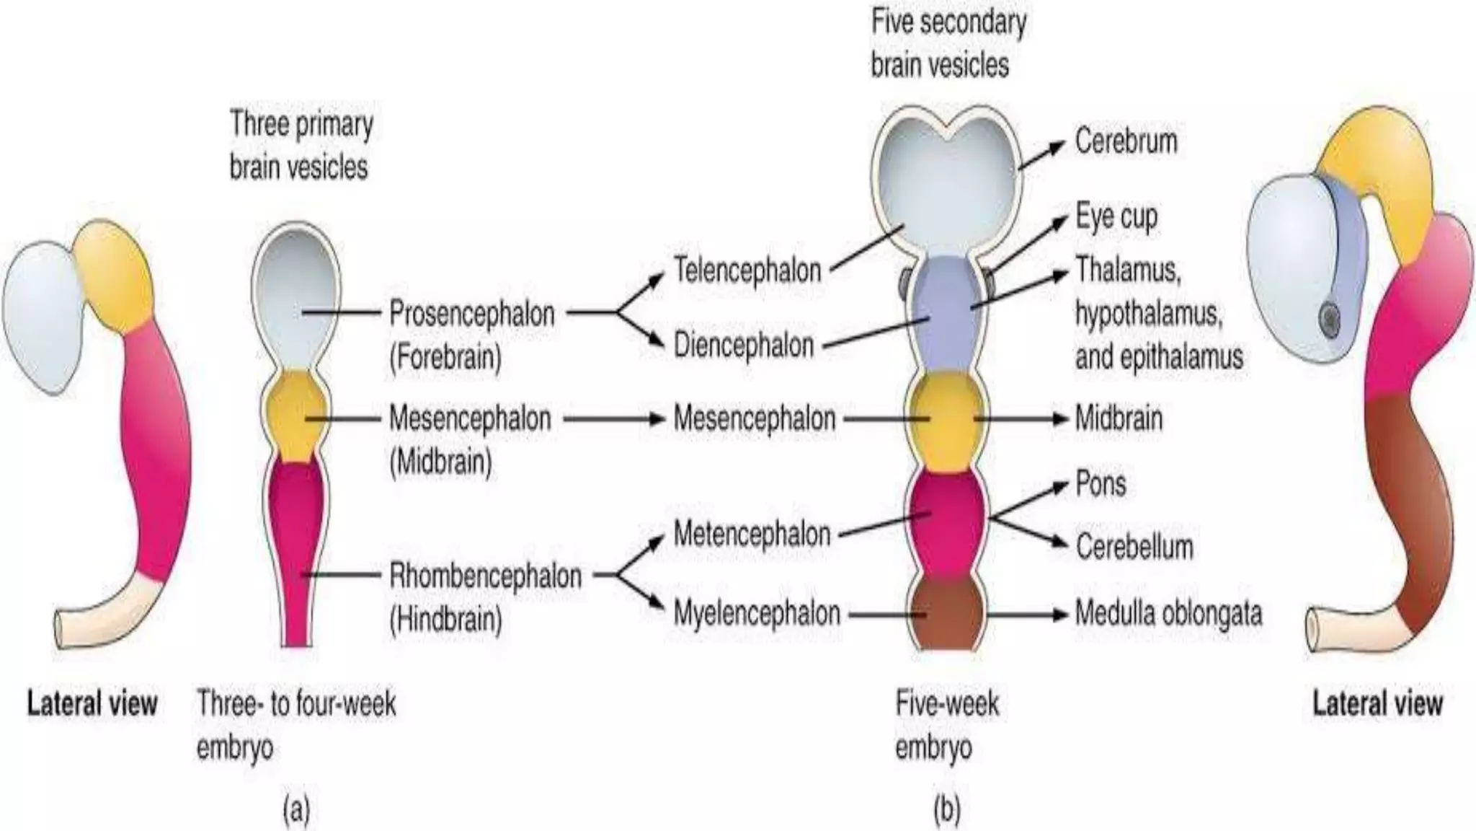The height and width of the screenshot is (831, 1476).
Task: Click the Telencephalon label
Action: (747, 271)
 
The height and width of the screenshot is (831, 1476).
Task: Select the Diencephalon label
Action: (743, 346)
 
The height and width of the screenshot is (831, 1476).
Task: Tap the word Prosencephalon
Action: (472, 314)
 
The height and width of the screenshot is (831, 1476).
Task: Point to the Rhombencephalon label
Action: (485, 576)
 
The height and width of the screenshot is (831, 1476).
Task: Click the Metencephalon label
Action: (752, 535)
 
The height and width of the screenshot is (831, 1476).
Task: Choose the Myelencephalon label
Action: (757, 614)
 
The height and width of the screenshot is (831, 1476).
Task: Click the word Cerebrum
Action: (1126, 141)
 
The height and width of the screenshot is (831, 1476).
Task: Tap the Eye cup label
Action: (1116, 216)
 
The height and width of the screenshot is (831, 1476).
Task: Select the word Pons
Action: (1101, 484)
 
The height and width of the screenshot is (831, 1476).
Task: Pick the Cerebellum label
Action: (1134, 547)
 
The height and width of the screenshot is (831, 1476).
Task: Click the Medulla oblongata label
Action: (1168, 614)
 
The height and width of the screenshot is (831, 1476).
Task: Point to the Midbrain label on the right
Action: (1119, 418)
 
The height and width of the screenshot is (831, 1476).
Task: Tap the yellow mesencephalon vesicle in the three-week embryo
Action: (293, 417)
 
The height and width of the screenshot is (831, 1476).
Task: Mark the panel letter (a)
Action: (296, 809)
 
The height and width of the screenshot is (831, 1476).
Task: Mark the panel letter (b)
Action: (946, 809)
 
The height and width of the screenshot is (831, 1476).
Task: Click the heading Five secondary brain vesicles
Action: (948, 43)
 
